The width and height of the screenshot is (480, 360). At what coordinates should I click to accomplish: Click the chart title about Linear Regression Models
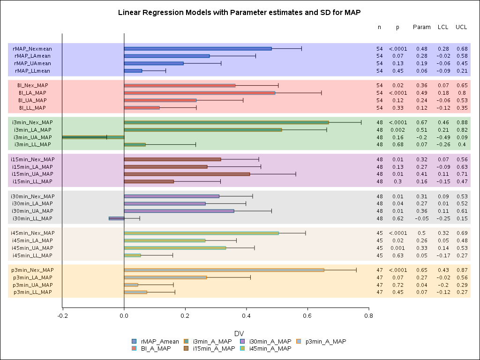pos(240,12)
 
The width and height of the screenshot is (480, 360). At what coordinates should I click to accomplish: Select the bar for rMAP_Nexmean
pos(197,48)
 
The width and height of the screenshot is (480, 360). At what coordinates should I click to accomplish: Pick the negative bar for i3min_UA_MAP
pos(93,137)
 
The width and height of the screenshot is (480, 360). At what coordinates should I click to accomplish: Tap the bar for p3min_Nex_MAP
pos(224,270)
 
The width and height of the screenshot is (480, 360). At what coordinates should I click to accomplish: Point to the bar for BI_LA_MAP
pos(199,93)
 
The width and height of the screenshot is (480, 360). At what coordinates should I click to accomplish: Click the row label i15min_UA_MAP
pos(32,174)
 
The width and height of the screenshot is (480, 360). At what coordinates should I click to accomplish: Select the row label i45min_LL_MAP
pos(32,255)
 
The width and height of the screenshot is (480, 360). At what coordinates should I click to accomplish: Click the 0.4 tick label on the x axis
pos(246,316)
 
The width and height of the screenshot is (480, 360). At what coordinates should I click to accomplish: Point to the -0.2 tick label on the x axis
pos(62,316)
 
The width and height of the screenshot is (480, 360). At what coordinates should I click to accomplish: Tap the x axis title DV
pos(239,333)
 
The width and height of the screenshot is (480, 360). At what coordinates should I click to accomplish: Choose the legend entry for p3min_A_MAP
pos(325,341)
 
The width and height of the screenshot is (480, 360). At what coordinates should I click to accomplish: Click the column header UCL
pos(461,27)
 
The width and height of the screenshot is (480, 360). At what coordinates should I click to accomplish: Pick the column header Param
pos(421,27)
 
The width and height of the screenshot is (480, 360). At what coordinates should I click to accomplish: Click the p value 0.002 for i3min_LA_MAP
pos(397,130)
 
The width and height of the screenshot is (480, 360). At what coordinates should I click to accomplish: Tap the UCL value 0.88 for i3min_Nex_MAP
pos(462,122)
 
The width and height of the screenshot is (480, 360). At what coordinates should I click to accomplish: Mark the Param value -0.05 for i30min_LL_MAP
pos(421,218)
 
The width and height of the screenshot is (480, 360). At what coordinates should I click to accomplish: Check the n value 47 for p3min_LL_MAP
pos(380,292)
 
